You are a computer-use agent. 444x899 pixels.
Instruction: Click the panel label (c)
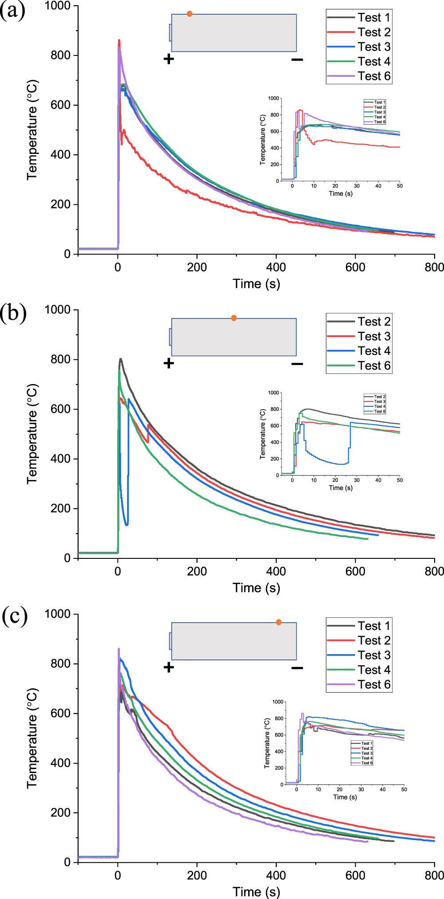pos(14,616)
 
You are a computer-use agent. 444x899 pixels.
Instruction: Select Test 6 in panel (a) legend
pos(374,76)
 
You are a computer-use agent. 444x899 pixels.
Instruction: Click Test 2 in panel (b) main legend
pos(374,322)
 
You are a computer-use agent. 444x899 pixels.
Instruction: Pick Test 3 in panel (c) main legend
pos(374,655)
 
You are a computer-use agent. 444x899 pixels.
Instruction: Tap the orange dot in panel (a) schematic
pos(190,14)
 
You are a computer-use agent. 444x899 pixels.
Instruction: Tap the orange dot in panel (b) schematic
pos(234,318)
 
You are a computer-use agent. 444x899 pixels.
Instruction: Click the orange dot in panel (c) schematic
pos(279,622)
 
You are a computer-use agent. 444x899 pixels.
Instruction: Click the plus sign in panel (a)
pos(169,59)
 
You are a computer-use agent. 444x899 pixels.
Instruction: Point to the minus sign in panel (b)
pos(297,364)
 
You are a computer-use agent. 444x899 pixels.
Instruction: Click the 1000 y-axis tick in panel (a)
pos(57,6)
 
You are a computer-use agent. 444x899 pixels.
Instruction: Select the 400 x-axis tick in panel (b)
pos(276,571)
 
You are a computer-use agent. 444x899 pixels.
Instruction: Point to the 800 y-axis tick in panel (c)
pos(61,664)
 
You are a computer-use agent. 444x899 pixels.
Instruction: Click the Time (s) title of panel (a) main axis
pos(256,284)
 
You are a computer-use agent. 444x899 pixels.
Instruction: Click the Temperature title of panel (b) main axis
pos(32,434)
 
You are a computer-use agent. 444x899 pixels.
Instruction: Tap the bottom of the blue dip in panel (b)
pos(127,525)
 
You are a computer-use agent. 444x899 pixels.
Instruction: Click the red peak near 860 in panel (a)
pos(119,40)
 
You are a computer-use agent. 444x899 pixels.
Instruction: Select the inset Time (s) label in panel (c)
pos(345,797)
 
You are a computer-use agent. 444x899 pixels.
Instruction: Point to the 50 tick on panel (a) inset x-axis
pos(400,186)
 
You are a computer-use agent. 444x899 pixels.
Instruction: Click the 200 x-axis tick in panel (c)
pos(197,875)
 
